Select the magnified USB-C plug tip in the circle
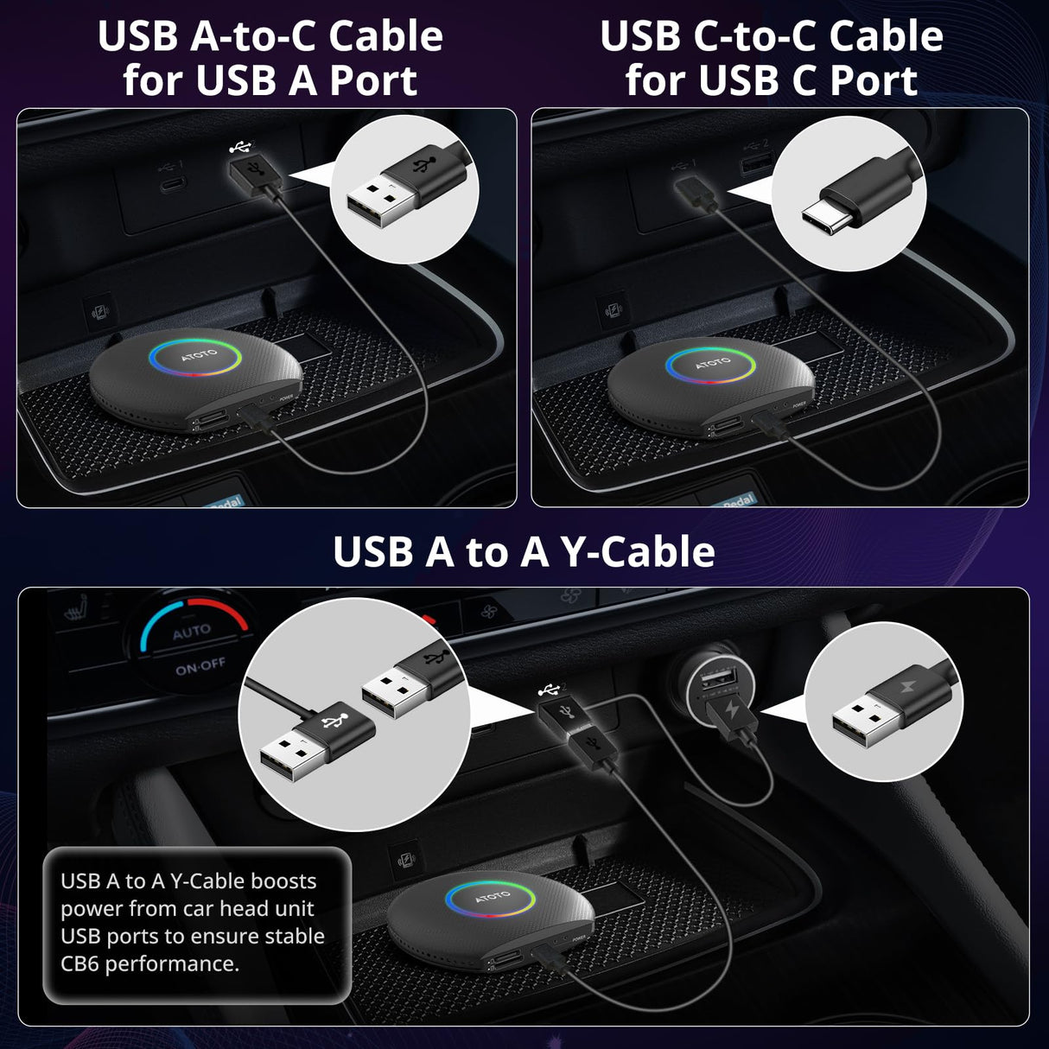830,216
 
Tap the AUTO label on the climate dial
191,632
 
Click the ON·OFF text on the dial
200,666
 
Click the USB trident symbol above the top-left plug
239,148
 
